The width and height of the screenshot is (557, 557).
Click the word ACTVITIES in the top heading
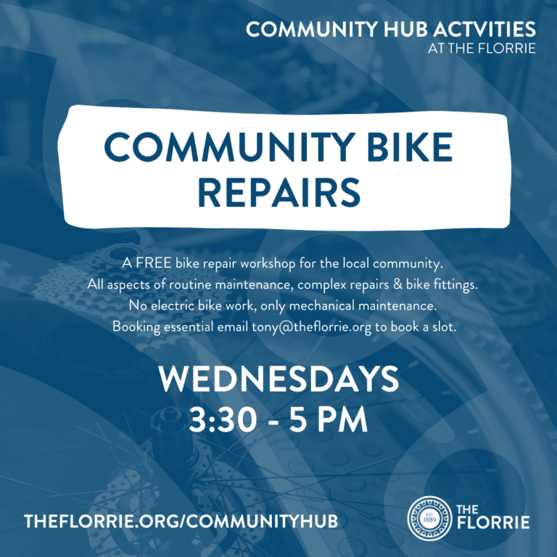pyautogui.click(x=484, y=29)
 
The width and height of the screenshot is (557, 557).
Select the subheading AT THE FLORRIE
pyautogui.click(x=482, y=49)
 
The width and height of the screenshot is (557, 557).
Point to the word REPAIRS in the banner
pyautogui.click(x=279, y=192)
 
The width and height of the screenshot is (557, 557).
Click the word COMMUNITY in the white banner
pyautogui.click(x=229, y=147)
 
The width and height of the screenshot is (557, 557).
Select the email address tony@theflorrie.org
pyautogui.click(x=312, y=327)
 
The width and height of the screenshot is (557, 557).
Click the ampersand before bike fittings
pyautogui.click(x=397, y=284)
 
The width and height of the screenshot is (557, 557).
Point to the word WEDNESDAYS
pyautogui.click(x=278, y=379)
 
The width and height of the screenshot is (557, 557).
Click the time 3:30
pyautogui.click(x=223, y=419)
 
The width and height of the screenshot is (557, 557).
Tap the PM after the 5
pyautogui.click(x=342, y=419)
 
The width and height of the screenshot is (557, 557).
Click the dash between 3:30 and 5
pyautogui.click(x=273, y=422)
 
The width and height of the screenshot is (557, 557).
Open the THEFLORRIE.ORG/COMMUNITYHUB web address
pyautogui.click(x=181, y=521)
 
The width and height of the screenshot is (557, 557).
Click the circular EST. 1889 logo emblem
pyautogui.click(x=430, y=519)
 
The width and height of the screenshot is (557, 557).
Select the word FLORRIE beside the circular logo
pyautogui.click(x=493, y=522)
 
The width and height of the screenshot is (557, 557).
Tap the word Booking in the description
pyautogui.click(x=136, y=327)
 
